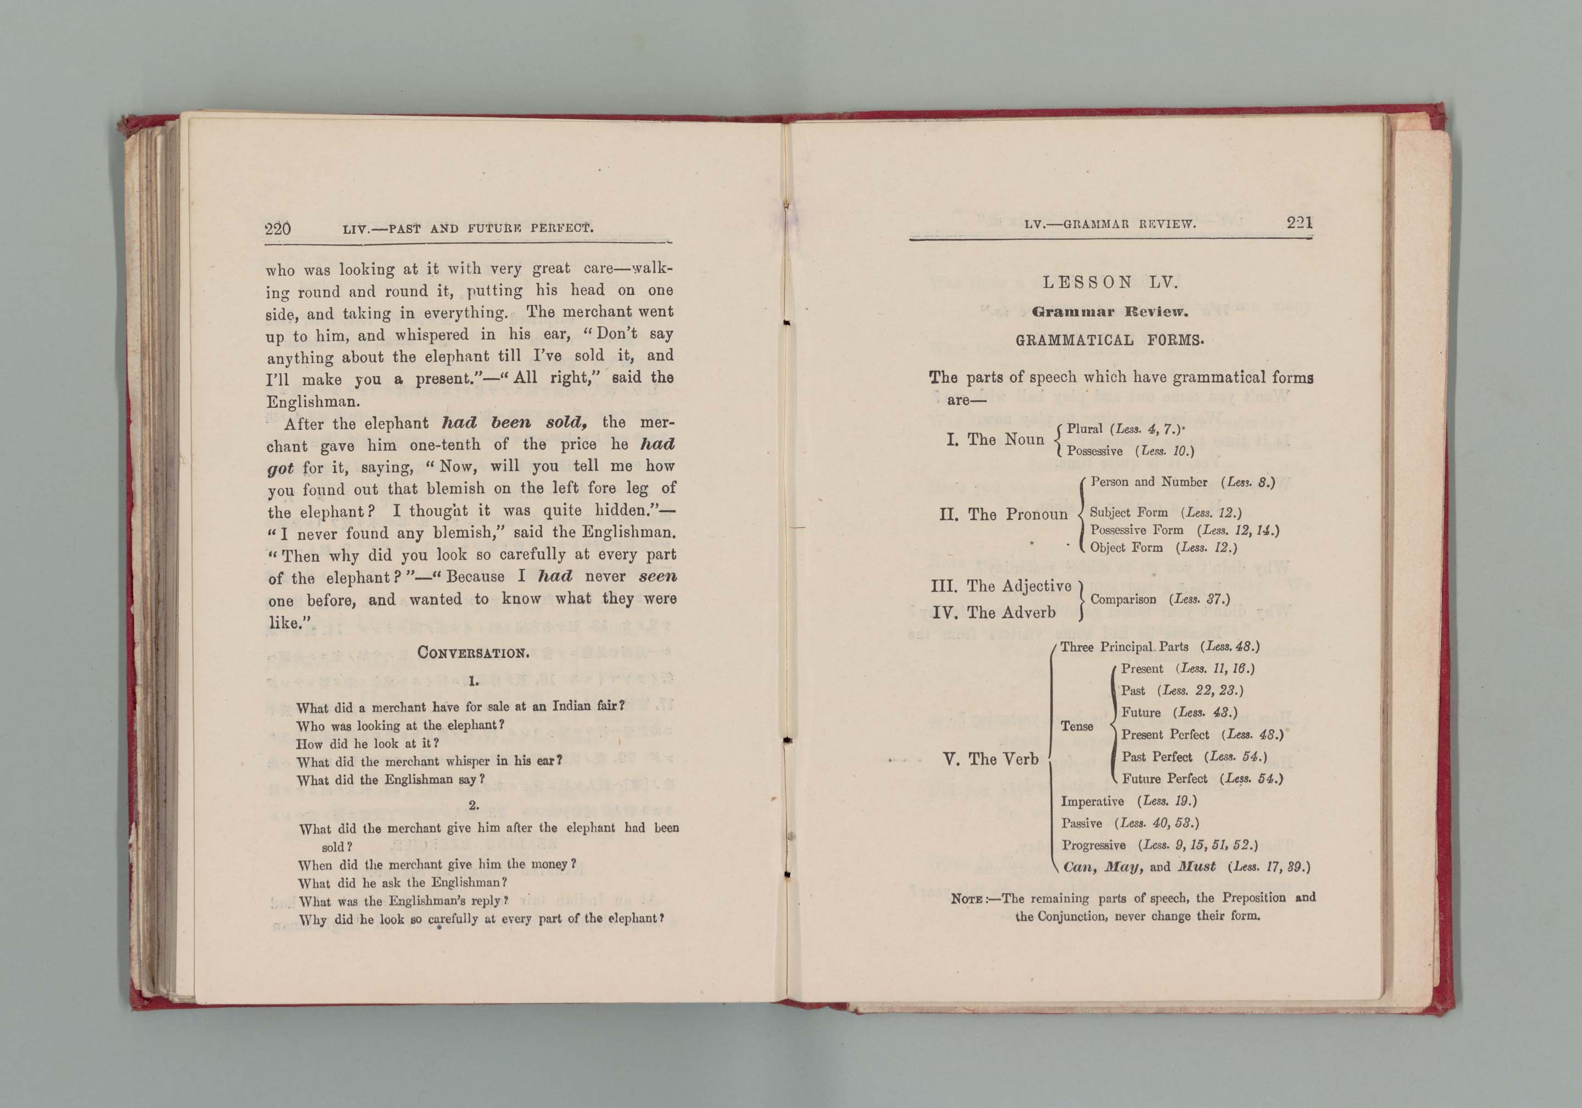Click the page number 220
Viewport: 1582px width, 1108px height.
pyautogui.click(x=278, y=228)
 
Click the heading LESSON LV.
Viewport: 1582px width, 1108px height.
pyautogui.click(x=1110, y=282)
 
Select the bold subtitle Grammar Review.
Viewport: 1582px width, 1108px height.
pyautogui.click(x=1110, y=312)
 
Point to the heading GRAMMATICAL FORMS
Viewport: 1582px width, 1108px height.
pyautogui.click(x=1110, y=340)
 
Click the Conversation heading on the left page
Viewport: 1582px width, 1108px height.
pyautogui.click(x=474, y=652)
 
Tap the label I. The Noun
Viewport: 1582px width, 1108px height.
pyautogui.click(x=996, y=439)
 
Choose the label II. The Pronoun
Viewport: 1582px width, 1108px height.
pyautogui.click(x=1003, y=514)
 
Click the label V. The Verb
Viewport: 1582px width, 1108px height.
pyautogui.click(x=990, y=759)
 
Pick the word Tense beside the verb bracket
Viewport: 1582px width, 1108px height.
pyautogui.click(x=1077, y=726)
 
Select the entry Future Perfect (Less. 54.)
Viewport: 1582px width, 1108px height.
pyautogui.click(x=1202, y=779)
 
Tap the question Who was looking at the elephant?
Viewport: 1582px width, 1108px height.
pyautogui.click(x=400, y=725)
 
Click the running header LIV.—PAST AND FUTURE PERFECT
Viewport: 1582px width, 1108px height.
pyautogui.click(x=468, y=228)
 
